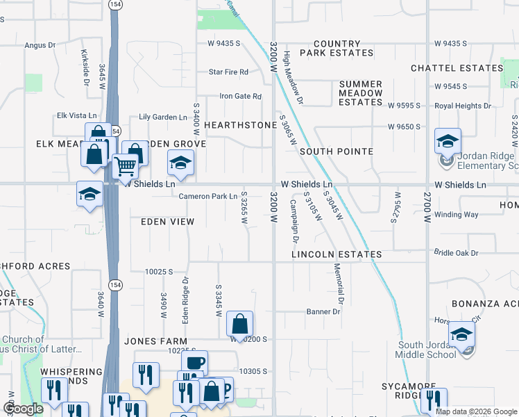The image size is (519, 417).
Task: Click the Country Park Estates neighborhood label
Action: pos(337,48)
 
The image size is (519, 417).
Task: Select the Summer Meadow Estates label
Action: pos(361,93)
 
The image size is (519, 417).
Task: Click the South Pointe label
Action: pos(337,152)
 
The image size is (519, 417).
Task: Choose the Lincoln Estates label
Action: pos(337,255)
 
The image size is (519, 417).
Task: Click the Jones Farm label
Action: pos(156,341)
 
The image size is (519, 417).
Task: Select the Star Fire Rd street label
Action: pos(229,72)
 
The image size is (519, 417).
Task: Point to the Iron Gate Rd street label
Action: pos(240,97)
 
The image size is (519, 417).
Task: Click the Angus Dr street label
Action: pos(40,45)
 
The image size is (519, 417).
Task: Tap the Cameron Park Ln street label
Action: pos(208,197)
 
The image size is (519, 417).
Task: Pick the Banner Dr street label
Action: pos(323,312)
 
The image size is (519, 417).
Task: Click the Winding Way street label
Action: pos(457,215)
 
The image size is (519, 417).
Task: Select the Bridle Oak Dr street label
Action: pos(456,253)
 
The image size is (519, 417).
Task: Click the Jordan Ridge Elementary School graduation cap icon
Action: pos(448,141)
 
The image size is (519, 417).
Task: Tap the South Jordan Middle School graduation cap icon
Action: pos(462,334)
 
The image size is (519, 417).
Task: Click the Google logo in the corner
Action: pos(24,409)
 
